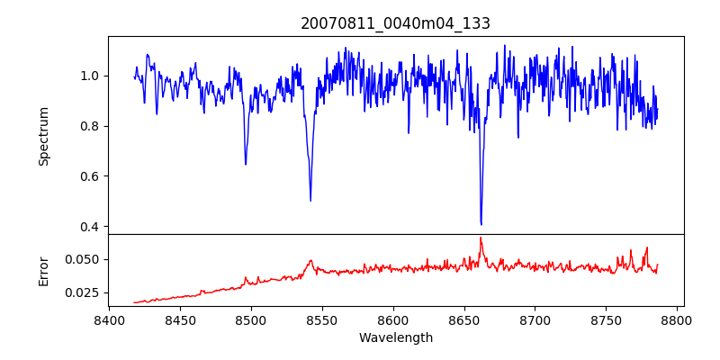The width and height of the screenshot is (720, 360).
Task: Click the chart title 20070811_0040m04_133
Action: (x=395, y=24)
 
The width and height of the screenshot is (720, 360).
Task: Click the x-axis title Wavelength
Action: (x=395, y=338)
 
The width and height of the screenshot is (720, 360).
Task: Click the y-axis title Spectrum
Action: (x=43, y=136)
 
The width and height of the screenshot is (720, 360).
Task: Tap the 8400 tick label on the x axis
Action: (x=109, y=319)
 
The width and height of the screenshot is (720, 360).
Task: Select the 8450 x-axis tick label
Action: (x=180, y=319)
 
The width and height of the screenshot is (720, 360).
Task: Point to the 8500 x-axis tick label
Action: (x=251, y=319)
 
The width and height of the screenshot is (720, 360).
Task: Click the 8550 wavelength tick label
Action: (x=322, y=319)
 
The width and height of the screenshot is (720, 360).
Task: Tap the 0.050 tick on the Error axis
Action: (x=85, y=259)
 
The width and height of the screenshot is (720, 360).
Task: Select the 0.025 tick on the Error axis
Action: (x=85, y=292)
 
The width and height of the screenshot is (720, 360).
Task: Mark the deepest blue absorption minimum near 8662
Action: (x=481, y=224)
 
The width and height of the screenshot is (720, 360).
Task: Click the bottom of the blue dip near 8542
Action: (x=310, y=201)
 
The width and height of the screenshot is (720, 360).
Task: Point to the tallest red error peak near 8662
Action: (x=481, y=238)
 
